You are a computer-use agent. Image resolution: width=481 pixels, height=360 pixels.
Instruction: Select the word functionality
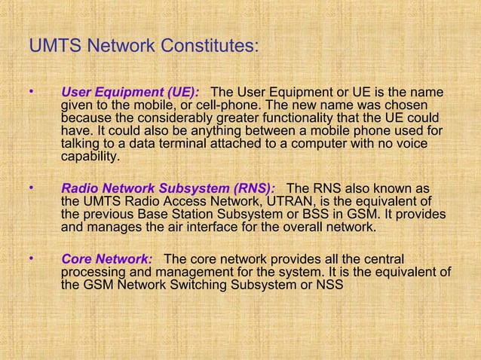pyautogui.click(x=317, y=119)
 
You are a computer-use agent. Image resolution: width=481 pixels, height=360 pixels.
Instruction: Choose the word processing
pyautogui.click(x=93, y=272)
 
